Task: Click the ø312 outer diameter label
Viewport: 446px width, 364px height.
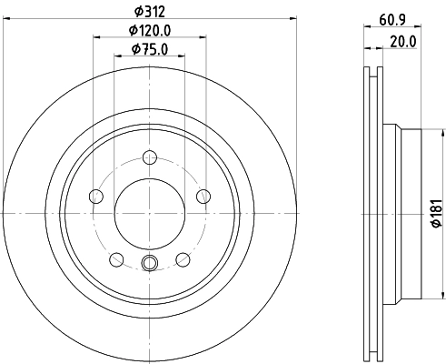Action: click(149, 10)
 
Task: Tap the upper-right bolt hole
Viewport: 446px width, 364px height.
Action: click(203, 196)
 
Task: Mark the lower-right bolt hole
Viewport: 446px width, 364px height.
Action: click(183, 258)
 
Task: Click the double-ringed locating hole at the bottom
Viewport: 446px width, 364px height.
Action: click(150, 264)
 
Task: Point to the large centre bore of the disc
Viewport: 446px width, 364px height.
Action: click(150, 213)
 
